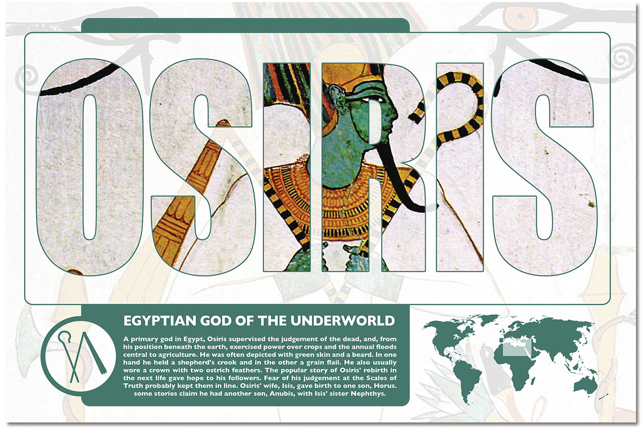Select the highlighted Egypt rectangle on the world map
[513, 349]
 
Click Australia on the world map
[584, 384]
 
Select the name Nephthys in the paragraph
[366, 394]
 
